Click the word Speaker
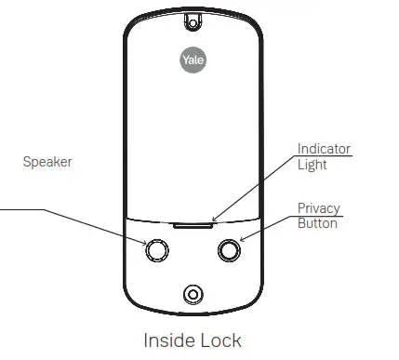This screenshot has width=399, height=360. [x=47, y=162]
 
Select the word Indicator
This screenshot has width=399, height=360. [x=324, y=149]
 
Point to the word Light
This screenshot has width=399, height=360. [x=312, y=166]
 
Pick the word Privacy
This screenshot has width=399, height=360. [x=319, y=207]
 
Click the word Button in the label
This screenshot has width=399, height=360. [x=317, y=223]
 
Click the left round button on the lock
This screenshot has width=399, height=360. [x=156, y=250]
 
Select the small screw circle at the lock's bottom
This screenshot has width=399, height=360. [x=192, y=294]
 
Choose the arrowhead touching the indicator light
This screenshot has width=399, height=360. [x=215, y=220]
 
